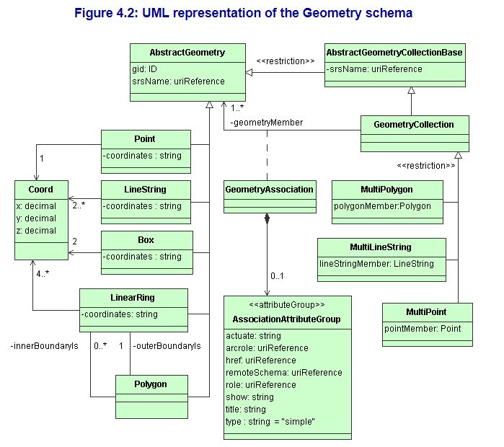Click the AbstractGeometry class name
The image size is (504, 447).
pyautogui.click(x=187, y=53)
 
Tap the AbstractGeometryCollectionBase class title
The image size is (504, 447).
pyautogui.click(x=394, y=53)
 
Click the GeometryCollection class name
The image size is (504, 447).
pyautogui.click(x=414, y=125)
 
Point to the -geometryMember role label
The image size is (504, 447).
pyautogui.click(x=266, y=123)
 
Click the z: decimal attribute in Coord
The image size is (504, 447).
pyautogui.click(x=36, y=231)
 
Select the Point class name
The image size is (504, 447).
pyautogui.click(x=145, y=139)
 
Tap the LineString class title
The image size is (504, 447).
pyautogui.click(x=145, y=190)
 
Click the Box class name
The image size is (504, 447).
pyautogui.click(x=146, y=240)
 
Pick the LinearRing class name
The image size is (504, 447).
pyautogui.click(x=133, y=298)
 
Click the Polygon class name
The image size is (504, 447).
pyautogui.click(x=151, y=384)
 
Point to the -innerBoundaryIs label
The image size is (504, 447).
pyautogui.click(x=44, y=346)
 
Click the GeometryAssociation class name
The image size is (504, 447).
pyautogui.click(x=270, y=190)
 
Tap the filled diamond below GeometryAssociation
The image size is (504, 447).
pyautogui.click(x=268, y=218)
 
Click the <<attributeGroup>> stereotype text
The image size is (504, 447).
pyautogui.click(x=287, y=305)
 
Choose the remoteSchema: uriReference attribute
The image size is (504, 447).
pyautogui.click(x=284, y=373)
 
